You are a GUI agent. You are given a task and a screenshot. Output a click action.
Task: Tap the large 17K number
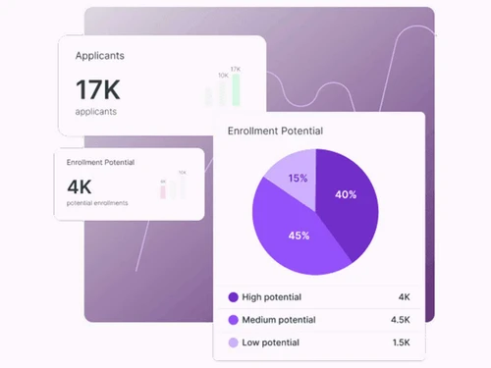[97, 90]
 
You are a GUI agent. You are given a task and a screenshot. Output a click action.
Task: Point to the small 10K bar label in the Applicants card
[223, 75]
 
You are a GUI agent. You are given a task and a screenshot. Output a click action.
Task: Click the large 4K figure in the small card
[79, 185]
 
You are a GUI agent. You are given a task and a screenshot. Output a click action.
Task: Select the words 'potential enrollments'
[97, 203]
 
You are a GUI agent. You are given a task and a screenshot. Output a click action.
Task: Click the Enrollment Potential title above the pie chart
[275, 131]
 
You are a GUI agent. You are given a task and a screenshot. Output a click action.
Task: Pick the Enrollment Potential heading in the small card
[100, 162]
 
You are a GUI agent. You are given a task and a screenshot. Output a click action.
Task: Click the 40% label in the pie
[346, 194]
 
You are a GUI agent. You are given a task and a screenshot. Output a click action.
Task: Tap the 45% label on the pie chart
[299, 236]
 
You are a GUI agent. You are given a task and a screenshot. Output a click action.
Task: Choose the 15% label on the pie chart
[298, 179]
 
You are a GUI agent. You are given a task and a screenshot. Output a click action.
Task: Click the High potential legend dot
[233, 296]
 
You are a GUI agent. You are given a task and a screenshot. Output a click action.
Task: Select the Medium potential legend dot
[233, 319]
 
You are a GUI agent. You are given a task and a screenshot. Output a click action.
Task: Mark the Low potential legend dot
[233, 342]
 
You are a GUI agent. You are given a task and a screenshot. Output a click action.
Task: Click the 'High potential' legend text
[273, 296]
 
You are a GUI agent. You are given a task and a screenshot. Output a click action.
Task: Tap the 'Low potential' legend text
[272, 342]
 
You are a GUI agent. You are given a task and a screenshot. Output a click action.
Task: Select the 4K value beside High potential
[403, 296]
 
